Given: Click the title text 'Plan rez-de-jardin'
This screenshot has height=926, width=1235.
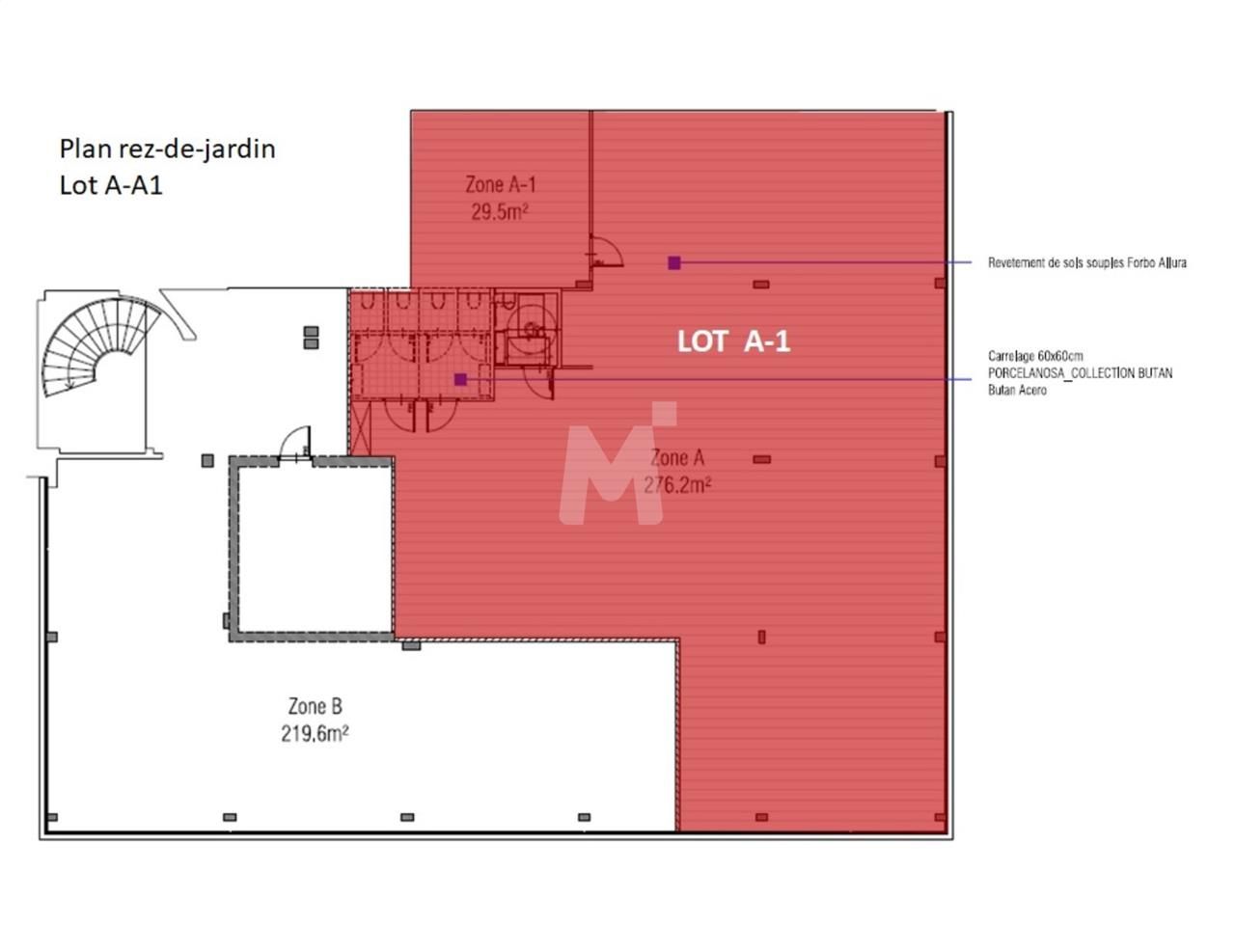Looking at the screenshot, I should [167, 149].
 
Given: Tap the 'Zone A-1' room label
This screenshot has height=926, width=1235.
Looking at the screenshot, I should [500, 184].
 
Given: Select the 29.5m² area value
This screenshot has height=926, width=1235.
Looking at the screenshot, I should [499, 212].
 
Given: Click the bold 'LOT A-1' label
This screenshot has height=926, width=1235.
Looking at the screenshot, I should [733, 340].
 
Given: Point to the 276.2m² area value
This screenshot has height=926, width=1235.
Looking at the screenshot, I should [677, 484].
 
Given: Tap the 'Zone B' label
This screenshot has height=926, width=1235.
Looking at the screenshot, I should [315, 707].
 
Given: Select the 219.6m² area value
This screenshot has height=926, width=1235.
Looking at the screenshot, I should [315, 734].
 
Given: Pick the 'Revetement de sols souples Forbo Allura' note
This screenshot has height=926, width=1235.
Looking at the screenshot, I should [1086, 262].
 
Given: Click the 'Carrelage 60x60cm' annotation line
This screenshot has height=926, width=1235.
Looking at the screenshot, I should [1035, 356].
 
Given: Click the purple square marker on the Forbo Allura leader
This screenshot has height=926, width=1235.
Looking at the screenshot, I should [674, 262].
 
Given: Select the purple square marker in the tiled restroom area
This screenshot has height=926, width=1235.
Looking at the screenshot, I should [460, 379].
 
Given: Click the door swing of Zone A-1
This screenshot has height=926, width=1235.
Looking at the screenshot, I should [607, 252].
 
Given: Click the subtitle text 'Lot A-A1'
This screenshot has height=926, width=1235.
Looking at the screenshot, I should [111, 185].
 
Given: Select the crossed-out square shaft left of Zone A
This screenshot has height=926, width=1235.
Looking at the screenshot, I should [360, 426].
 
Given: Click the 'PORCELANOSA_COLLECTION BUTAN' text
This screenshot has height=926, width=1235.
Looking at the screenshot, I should [1080, 373].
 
